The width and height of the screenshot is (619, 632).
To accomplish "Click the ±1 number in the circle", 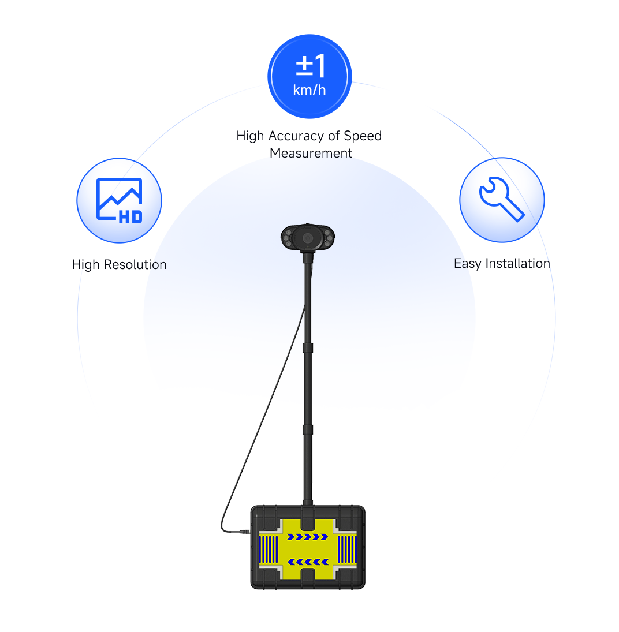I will tap(311, 66).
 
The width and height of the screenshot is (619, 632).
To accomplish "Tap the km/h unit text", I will tap(309, 90).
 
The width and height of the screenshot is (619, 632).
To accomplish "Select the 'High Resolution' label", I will tap(120, 265).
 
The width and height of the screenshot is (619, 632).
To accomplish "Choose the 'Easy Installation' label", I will tap(502, 264).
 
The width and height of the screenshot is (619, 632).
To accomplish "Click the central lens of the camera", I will tap(308, 238).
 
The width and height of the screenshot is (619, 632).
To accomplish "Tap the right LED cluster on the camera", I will tap(327, 238).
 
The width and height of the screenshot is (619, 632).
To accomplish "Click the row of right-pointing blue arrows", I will tap(308, 537).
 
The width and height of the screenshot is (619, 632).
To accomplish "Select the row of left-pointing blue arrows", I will tap(308, 562).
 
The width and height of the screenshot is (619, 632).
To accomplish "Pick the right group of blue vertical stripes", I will tap(346, 549).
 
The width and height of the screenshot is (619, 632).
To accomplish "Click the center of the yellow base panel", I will tap(308, 549).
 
